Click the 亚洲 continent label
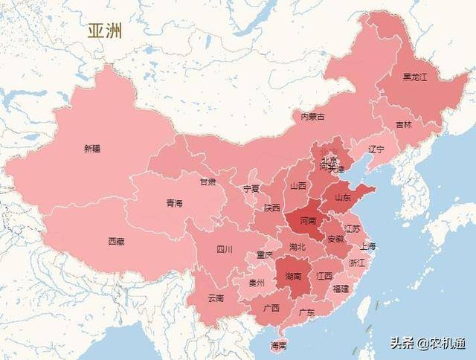point(105,31)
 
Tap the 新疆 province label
point(92,149)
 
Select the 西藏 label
point(116,241)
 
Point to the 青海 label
point(174,202)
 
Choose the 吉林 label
point(403,125)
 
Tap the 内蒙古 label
point(312,117)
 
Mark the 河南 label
point(306,221)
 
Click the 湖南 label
point(293,276)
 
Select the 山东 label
point(343,198)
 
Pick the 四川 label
point(225,249)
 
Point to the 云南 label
point(216,298)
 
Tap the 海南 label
point(279,346)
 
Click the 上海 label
point(367,246)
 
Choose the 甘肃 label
point(208,181)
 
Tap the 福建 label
point(341,288)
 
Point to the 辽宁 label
point(376,149)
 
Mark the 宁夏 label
point(251,189)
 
